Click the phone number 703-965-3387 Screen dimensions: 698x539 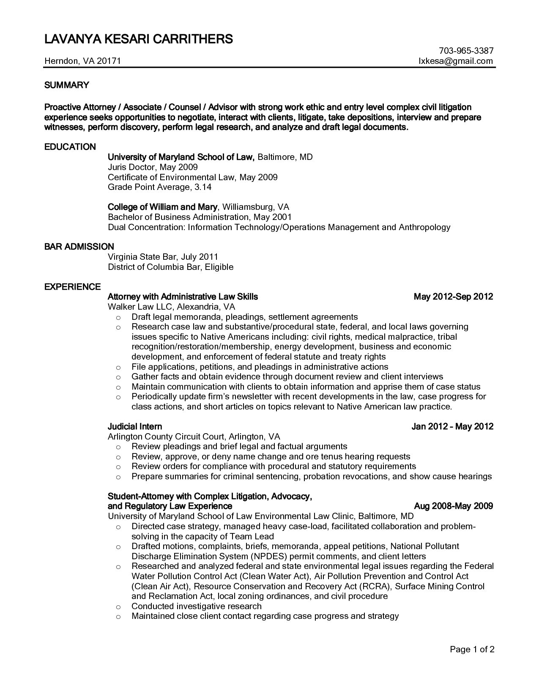[466, 51]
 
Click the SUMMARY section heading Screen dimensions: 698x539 [67, 85]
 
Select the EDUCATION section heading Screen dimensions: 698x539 [70, 147]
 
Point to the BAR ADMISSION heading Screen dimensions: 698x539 [79, 247]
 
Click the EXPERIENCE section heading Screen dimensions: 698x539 [73, 287]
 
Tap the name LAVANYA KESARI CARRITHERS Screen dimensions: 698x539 [139, 39]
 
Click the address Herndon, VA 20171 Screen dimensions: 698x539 [83, 61]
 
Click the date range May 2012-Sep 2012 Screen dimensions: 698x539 [453, 297]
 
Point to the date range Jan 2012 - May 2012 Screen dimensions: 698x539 [452, 426]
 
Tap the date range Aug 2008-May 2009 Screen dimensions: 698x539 [453, 506]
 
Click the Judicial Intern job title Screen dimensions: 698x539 [135, 426]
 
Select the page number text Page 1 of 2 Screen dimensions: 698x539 [472, 649]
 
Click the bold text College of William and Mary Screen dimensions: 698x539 [163, 207]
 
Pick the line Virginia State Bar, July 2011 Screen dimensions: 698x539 [163, 257]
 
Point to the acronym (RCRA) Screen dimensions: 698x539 [376, 586]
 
